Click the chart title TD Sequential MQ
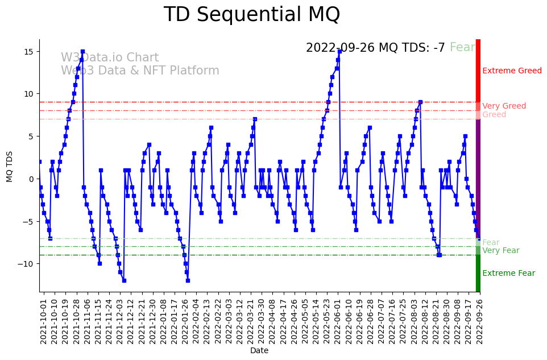251,15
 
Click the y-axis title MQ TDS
10,165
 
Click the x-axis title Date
259,351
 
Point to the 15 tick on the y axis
31,52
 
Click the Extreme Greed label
512,71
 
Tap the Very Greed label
504,106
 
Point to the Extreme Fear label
508,274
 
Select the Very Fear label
500,251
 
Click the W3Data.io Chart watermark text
110,58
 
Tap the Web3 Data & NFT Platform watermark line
140,71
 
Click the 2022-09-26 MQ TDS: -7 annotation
375,48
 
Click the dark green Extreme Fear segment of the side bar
478,273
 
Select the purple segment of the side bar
478,176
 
